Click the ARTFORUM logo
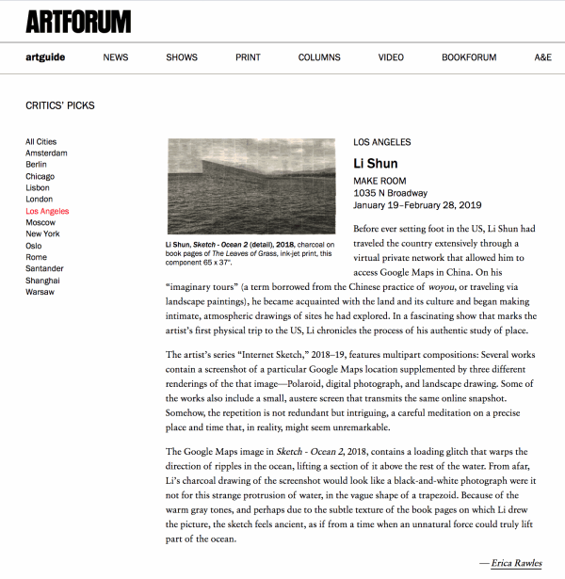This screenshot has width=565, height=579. (x=77, y=20)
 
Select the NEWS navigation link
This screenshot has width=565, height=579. (x=115, y=57)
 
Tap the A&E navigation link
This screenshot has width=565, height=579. (x=542, y=57)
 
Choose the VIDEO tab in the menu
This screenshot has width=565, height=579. (x=391, y=57)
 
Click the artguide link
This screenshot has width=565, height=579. (x=45, y=57)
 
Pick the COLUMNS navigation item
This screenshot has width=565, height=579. (x=319, y=57)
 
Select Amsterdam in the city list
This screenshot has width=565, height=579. (x=46, y=153)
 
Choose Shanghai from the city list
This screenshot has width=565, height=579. (x=43, y=281)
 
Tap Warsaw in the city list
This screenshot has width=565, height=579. (x=41, y=292)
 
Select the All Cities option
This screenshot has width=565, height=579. (x=41, y=142)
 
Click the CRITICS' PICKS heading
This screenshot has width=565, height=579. (x=60, y=105)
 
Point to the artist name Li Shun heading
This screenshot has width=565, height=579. (x=375, y=164)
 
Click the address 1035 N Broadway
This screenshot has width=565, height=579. (x=390, y=193)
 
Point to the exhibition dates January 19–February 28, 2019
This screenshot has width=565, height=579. (x=416, y=205)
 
